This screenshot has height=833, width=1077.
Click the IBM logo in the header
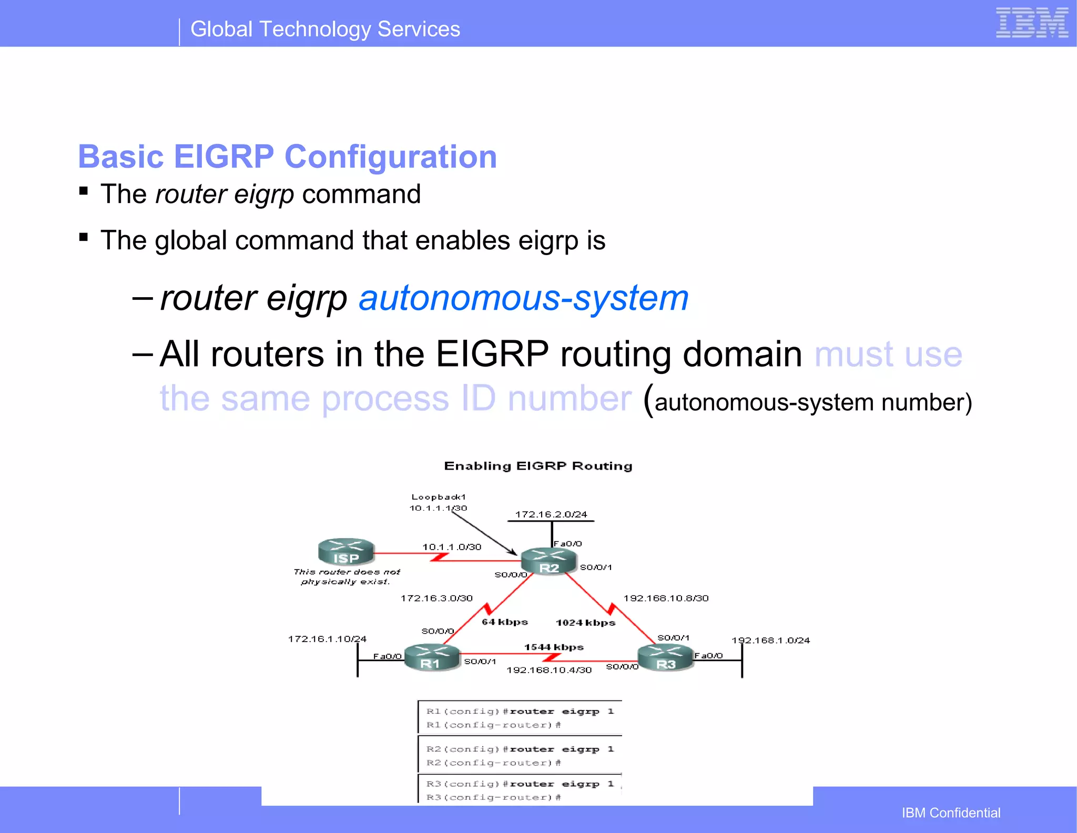coord(1032,23)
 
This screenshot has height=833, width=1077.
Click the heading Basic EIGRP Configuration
coord(287,157)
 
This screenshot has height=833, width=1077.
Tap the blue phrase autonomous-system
coord(523,298)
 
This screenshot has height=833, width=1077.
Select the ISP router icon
coord(346,552)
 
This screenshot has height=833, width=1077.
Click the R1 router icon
coord(432,657)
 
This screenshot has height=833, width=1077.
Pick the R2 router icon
coord(549,562)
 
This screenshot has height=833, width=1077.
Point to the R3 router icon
coord(665,658)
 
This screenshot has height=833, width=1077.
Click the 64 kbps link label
coord(504,622)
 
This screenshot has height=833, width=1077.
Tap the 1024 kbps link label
coord(585,623)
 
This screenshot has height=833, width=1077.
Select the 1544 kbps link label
coord(554,647)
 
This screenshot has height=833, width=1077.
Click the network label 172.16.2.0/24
coord(551,514)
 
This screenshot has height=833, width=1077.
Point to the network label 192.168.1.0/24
coord(770,641)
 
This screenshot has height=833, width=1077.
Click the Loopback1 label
coord(439,497)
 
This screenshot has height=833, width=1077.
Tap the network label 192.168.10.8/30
coord(666,598)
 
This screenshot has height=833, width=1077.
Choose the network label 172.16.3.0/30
coord(436,598)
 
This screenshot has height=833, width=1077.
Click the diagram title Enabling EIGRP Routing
coord(538,466)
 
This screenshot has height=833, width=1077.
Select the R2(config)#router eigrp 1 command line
coord(520,749)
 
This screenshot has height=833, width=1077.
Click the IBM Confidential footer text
coord(951,813)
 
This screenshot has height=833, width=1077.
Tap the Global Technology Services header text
coord(325,29)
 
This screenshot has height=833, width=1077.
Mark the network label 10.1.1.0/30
coord(452,547)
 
